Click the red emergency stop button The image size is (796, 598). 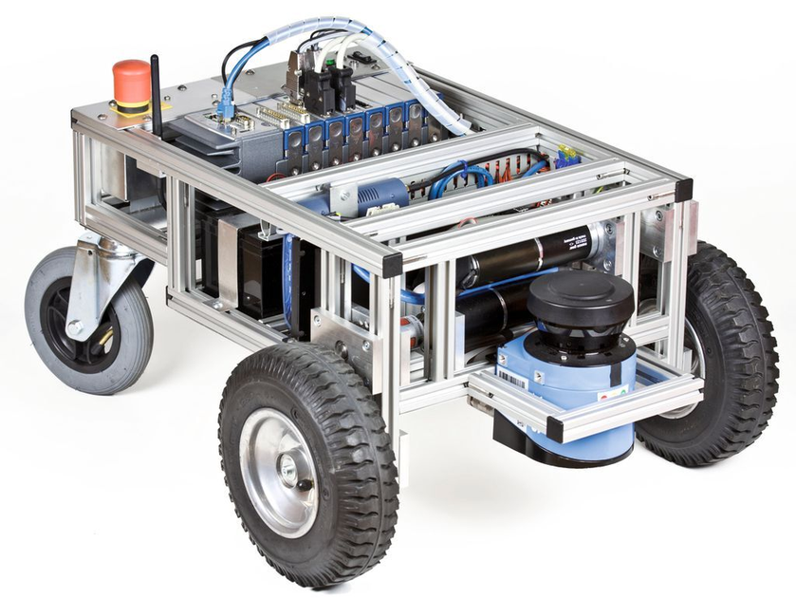tap(132, 80)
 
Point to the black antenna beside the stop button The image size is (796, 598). tap(157, 95)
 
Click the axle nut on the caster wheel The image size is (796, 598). tap(73, 328)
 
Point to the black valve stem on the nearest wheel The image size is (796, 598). tap(304, 483)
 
